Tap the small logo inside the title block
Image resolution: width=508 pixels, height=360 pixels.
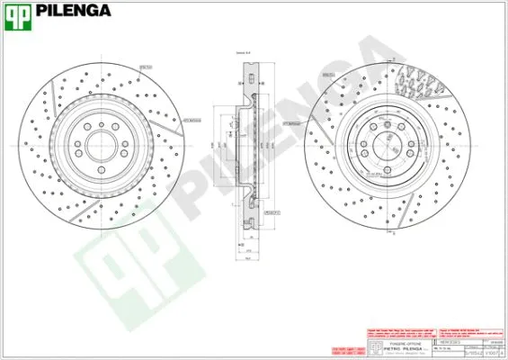coord(375,347)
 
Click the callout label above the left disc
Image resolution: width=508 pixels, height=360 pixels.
coord(144,66)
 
